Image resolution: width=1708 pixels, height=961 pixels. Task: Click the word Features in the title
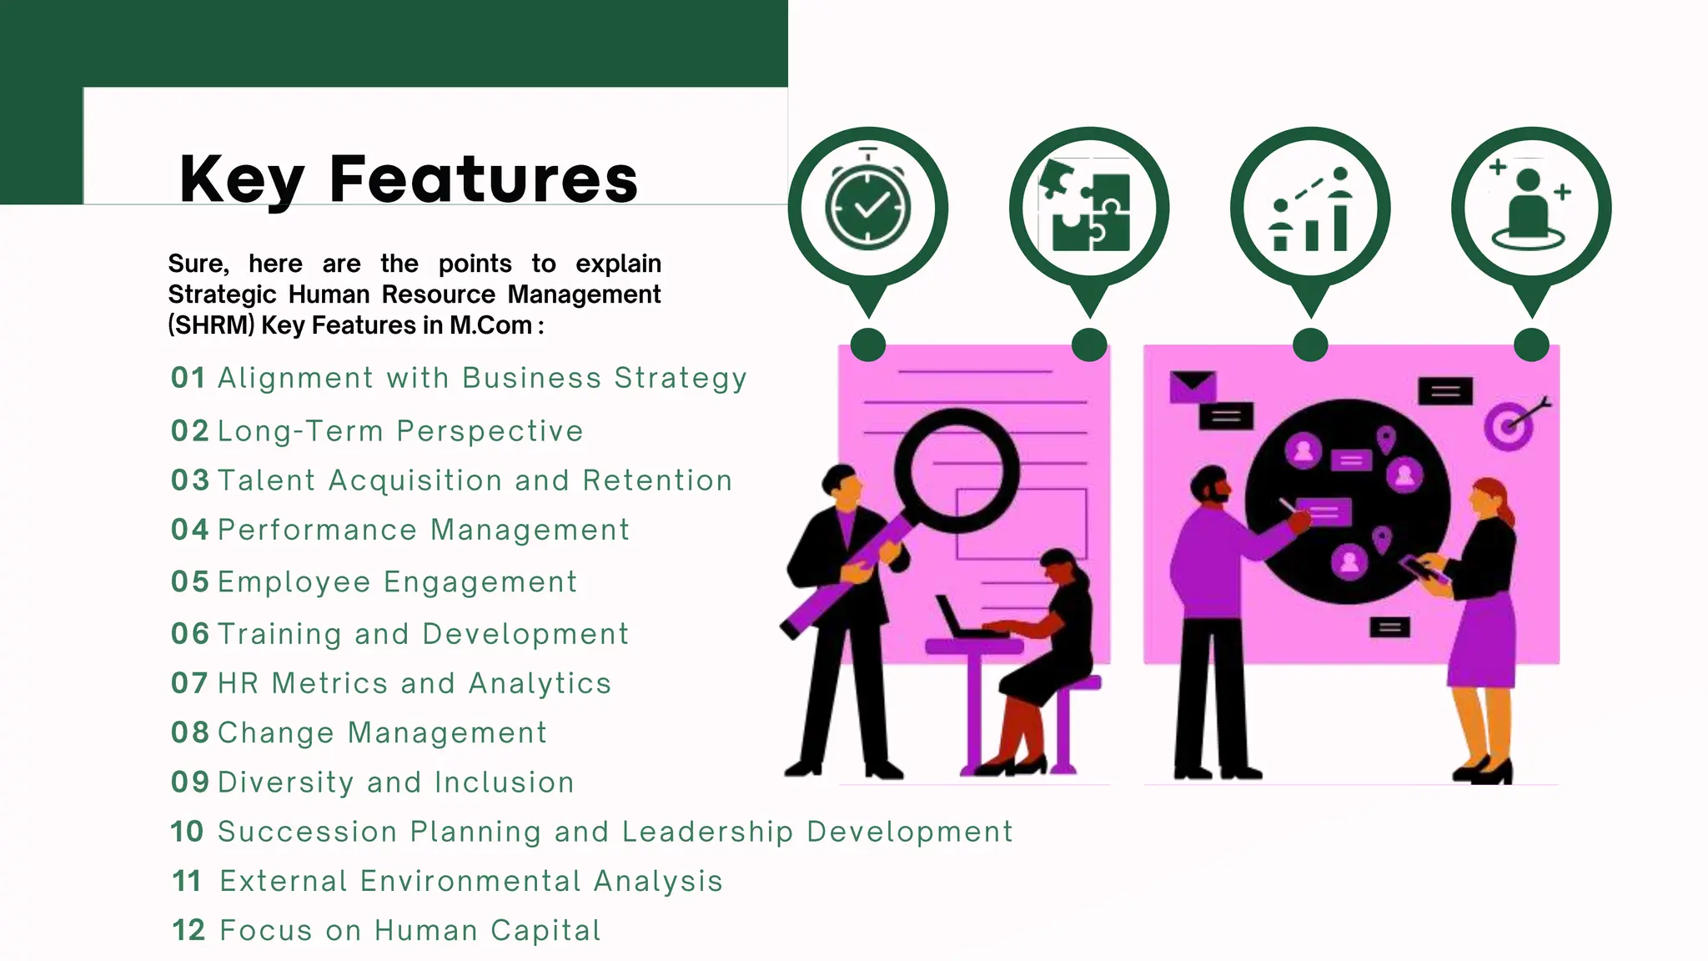484,179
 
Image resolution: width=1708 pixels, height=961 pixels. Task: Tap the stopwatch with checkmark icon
868,207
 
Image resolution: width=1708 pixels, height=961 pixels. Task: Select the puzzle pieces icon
1089,207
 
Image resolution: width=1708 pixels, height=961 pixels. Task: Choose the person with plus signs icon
1531,207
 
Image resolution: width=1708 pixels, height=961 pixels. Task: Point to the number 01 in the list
188,378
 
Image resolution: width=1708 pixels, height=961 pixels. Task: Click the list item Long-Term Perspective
400,431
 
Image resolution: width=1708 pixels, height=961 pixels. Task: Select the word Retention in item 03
657,480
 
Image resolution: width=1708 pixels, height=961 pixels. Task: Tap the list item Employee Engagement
397,582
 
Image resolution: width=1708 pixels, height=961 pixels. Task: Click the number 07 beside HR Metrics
188,683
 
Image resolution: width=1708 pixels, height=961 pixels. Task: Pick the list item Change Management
382,732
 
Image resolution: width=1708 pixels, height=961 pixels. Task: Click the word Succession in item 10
307,832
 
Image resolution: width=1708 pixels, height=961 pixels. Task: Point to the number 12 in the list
188,930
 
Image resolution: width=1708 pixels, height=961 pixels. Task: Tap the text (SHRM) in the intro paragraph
211,325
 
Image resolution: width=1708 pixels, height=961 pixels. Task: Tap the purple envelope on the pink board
1193,386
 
